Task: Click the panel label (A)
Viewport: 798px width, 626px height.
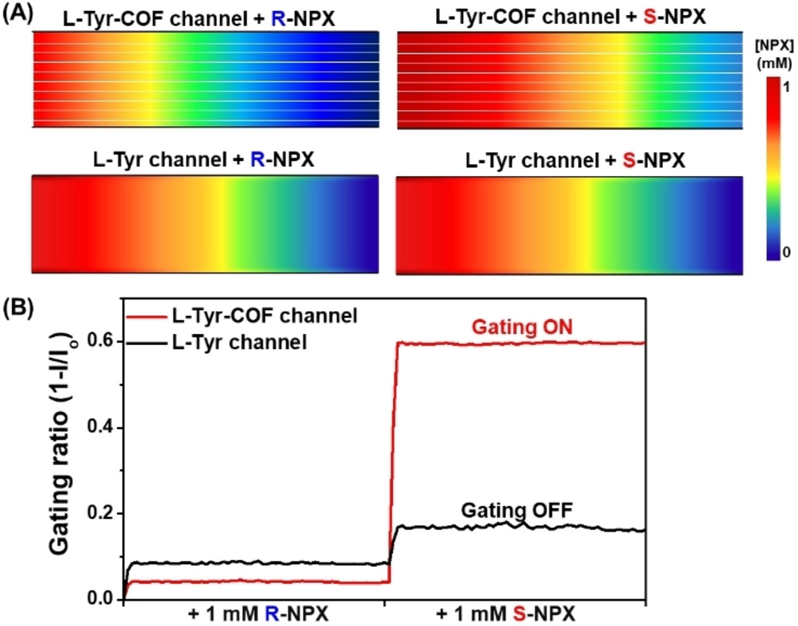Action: [18, 13]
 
